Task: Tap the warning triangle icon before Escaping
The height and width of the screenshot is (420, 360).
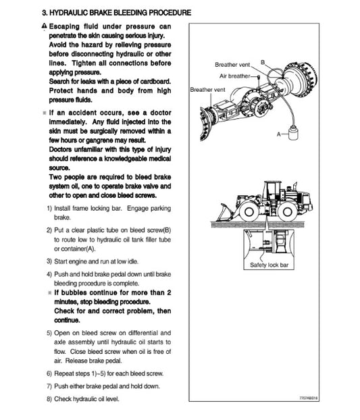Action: (43, 26)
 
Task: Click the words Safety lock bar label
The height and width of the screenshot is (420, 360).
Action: (269, 265)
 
